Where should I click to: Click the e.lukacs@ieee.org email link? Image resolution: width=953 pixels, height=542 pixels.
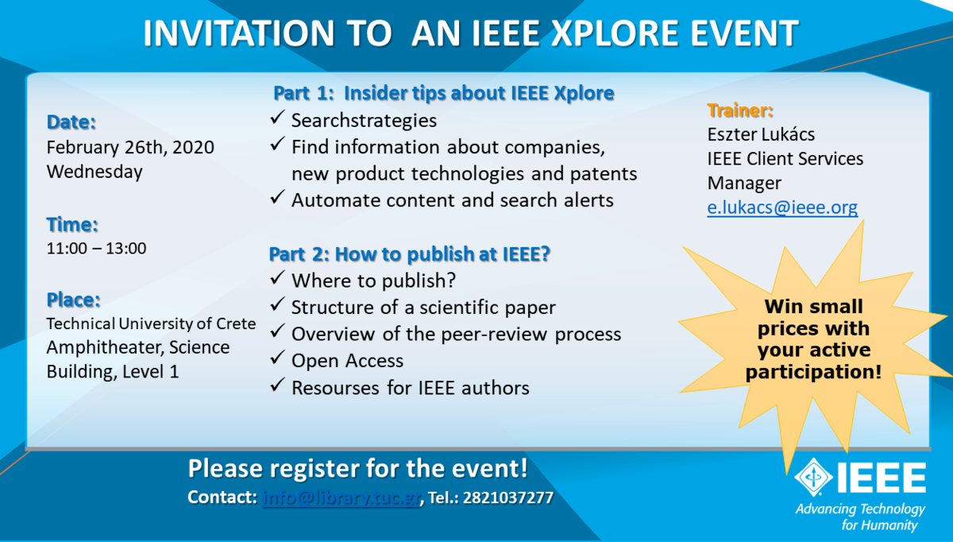(x=782, y=207)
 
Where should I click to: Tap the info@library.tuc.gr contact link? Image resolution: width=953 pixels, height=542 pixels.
(x=341, y=497)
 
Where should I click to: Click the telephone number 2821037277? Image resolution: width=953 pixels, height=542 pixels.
(x=508, y=497)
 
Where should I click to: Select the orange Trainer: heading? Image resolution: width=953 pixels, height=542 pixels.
(x=740, y=110)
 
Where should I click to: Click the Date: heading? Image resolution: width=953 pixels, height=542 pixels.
(x=71, y=122)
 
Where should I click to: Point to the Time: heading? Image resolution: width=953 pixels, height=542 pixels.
(x=72, y=224)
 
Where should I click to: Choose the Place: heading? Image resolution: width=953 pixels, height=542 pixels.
(x=73, y=300)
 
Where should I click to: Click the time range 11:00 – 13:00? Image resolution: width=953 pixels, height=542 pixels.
(x=96, y=248)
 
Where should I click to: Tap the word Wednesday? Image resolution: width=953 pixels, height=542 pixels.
(x=95, y=172)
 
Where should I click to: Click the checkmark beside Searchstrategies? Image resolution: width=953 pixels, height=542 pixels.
(x=277, y=118)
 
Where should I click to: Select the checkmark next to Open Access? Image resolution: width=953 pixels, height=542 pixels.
(x=277, y=358)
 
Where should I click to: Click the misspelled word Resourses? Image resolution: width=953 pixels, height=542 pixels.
(x=335, y=388)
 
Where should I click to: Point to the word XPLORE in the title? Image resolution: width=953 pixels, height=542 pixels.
(x=615, y=33)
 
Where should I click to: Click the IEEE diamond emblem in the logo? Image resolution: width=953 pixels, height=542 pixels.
(x=813, y=477)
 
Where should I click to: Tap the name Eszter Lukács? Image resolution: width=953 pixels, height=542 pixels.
(x=761, y=134)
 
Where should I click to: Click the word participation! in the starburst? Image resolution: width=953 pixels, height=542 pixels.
(x=813, y=372)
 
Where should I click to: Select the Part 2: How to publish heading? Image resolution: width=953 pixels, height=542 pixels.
(x=409, y=254)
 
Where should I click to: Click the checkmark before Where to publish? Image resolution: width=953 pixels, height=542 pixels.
(x=277, y=277)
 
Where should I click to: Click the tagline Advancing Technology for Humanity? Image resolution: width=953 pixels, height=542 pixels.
(x=860, y=517)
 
